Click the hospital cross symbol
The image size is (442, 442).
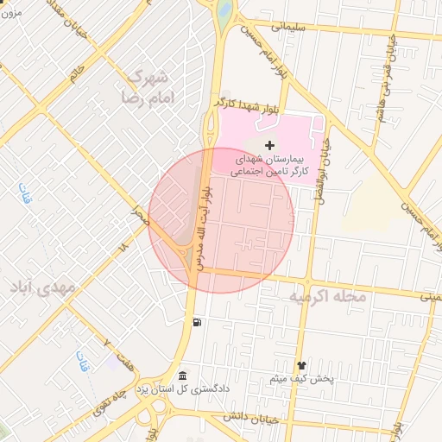(x=270, y=144)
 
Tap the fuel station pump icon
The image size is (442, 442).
(x=199, y=323)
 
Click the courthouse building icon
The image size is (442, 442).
(x=182, y=376)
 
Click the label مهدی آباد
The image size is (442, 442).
(x=42, y=286)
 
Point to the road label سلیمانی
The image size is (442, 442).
(x=290, y=26)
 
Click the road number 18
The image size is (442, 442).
(x=123, y=248)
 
